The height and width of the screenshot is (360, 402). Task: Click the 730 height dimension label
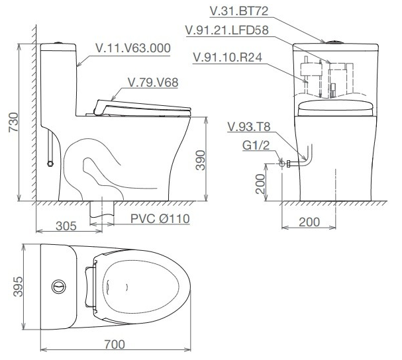(14, 122)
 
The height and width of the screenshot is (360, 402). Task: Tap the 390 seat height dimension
(201, 160)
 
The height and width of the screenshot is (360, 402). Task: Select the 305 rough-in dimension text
(66, 226)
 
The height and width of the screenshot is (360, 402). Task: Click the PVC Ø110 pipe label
(160, 218)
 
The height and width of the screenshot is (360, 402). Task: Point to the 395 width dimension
(18, 287)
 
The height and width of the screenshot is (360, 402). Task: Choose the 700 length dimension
(115, 344)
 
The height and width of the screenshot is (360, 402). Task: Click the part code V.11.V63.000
(133, 48)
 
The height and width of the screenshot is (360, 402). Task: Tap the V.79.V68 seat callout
(153, 83)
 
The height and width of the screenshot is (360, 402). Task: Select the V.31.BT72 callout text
(239, 11)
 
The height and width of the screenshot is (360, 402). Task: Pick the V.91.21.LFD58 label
(227, 30)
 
